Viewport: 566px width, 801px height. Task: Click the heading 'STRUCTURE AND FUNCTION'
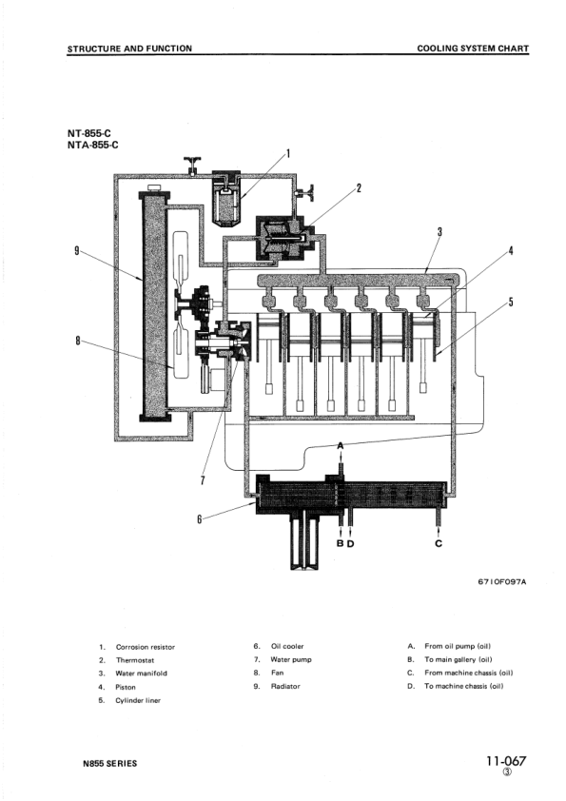click(129, 48)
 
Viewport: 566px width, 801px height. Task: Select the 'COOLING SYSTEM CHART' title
click(473, 48)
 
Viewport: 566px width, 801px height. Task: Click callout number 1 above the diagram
click(288, 152)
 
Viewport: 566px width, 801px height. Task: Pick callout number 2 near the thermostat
click(359, 187)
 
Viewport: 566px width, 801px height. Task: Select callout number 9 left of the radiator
click(75, 251)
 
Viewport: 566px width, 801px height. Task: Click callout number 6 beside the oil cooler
click(199, 518)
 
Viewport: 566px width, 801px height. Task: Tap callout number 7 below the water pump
click(203, 479)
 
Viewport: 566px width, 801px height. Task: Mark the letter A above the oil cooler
click(342, 446)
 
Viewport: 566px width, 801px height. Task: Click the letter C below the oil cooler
click(439, 544)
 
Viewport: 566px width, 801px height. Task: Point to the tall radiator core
click(152, 303)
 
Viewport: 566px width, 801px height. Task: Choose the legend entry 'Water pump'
click(290, 659)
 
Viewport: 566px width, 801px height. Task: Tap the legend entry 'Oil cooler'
click(287, 647)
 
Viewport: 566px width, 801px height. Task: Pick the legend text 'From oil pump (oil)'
click(457, 647)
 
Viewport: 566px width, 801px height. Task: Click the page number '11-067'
click(505, 761)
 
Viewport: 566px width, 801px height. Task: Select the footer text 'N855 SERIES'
click(109, 763)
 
